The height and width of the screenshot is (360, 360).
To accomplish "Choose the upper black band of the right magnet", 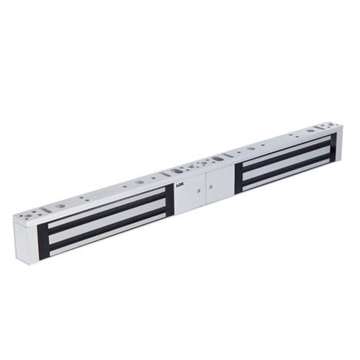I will (284, 156).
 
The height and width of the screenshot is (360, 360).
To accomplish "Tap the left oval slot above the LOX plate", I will (177, 171).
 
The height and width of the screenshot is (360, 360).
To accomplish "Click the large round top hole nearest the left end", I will (60, 206).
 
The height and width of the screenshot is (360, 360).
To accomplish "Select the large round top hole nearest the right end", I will (310, 130).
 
